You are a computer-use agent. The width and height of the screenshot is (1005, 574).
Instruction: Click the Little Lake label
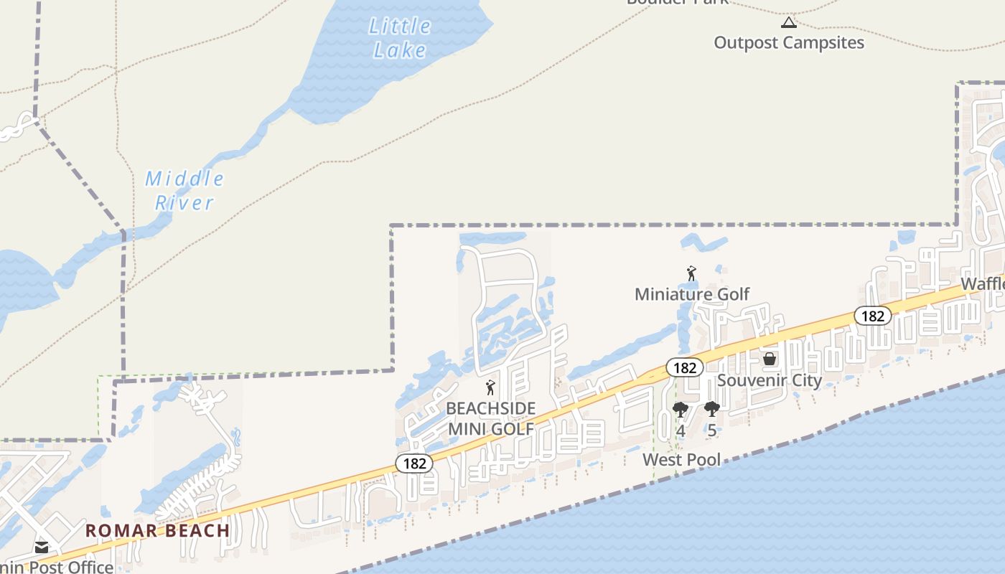(400, 38)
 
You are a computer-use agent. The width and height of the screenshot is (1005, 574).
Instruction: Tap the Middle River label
(184, 190)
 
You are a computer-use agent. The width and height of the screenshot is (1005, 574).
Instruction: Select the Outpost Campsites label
(788, 42)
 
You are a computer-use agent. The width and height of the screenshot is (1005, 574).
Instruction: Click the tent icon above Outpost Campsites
(788, 22)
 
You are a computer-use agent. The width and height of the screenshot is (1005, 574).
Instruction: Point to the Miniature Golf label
(691, 293)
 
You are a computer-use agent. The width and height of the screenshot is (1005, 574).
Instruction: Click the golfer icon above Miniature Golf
(691, 273)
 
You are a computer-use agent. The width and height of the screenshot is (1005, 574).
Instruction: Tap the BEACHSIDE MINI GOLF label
(490, 418)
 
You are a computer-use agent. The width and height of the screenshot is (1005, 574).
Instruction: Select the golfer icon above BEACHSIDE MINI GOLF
(490, 388)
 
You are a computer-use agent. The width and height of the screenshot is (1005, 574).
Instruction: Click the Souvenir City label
(769, 380)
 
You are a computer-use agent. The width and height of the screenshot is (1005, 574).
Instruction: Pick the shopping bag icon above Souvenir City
(769, 358)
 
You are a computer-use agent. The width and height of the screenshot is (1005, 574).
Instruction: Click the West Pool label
(681, 459)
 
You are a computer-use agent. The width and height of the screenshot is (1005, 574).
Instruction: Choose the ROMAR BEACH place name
(158, 531)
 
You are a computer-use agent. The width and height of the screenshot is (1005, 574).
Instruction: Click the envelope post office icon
(41, 548)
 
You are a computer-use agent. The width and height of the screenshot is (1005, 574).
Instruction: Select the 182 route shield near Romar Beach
(414, 464)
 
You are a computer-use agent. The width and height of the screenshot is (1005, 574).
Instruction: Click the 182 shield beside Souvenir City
(685, 367)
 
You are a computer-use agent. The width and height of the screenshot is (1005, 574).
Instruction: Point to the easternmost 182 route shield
(872, 316)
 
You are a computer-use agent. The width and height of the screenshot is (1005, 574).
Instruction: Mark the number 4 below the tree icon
(680, 431)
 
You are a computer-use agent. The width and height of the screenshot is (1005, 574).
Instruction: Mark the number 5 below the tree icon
(711, 431)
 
